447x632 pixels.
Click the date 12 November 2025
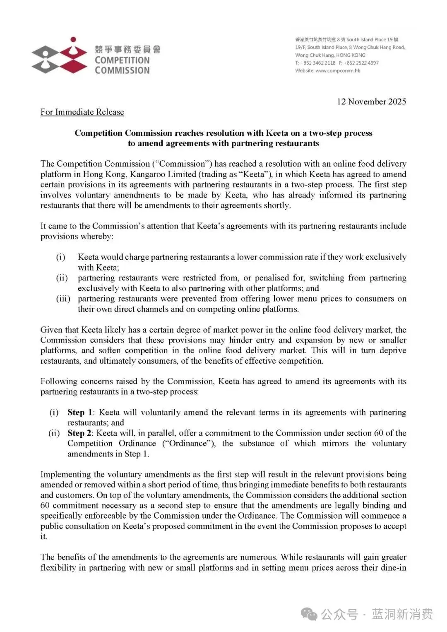371,101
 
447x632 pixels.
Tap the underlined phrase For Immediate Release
82,112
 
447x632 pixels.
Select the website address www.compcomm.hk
337,71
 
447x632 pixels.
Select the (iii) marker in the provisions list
63,299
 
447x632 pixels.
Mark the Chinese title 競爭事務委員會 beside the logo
127,49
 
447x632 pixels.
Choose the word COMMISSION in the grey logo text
122,70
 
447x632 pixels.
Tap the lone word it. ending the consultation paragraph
44,537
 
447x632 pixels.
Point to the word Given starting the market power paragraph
50,330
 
